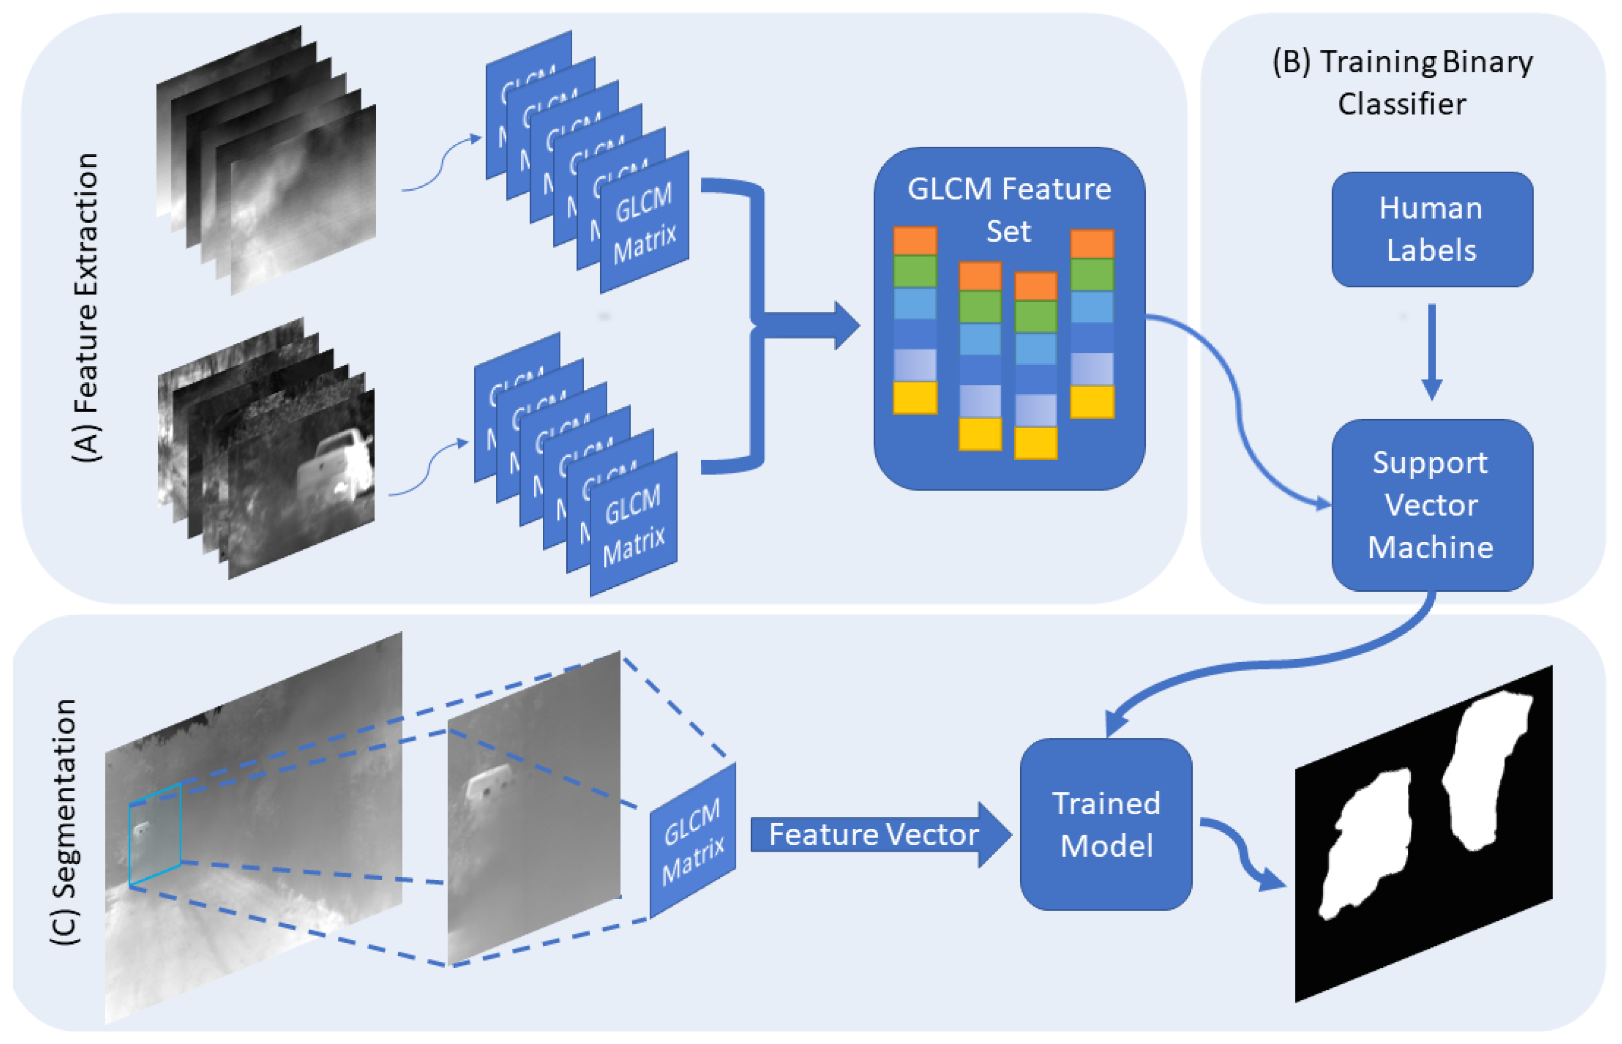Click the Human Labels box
click(x=1431, y=229)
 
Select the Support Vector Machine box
click(x=1431, y=505)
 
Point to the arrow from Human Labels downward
click(x=1431, y=353)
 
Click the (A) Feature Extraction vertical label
click(x=87, y=309)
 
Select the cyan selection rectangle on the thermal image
click(x=155, y=835)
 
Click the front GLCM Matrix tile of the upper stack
click(x=644, y=222)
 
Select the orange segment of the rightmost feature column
click(x=1092, y=244)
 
